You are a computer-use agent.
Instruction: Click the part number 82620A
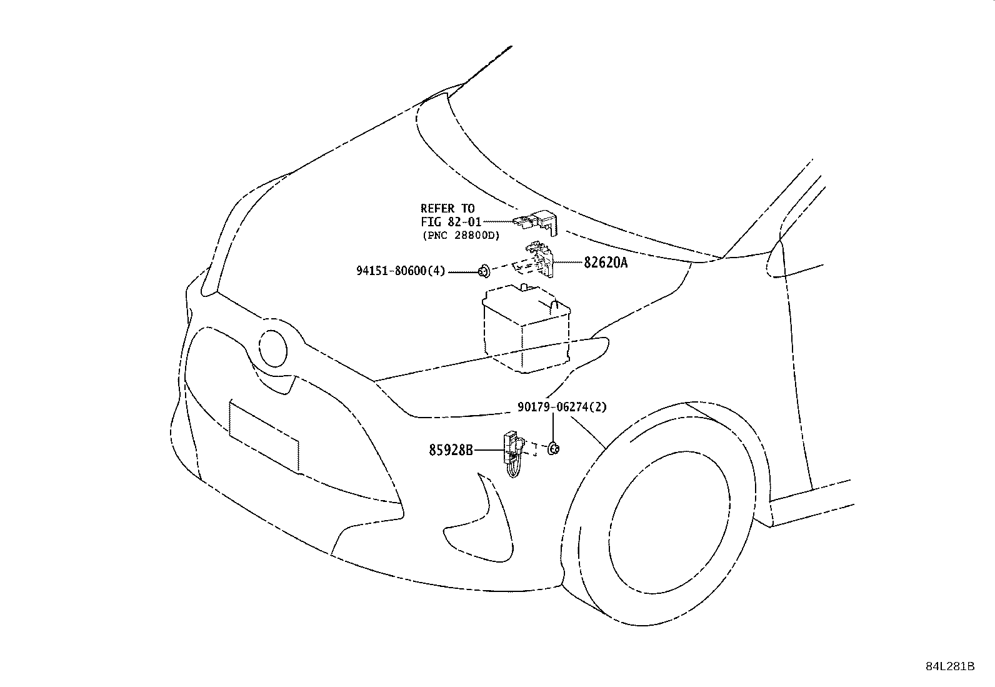(x=606, y=263)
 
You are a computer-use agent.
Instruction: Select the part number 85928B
(x=451, y=449)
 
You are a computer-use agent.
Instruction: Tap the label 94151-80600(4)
(x=401, y=271)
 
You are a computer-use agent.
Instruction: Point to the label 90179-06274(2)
(x=562, y=407)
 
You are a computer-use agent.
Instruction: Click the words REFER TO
(x=447, y=208)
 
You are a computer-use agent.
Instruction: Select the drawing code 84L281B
(x=950, y=666)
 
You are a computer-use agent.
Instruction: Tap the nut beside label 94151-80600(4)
(x=483, y=271)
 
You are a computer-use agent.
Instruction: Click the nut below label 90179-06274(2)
(x=553, y=448)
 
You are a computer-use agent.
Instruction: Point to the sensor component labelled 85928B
(x=511, y=453)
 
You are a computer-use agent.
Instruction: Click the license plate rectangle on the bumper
(x=264, y=435)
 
